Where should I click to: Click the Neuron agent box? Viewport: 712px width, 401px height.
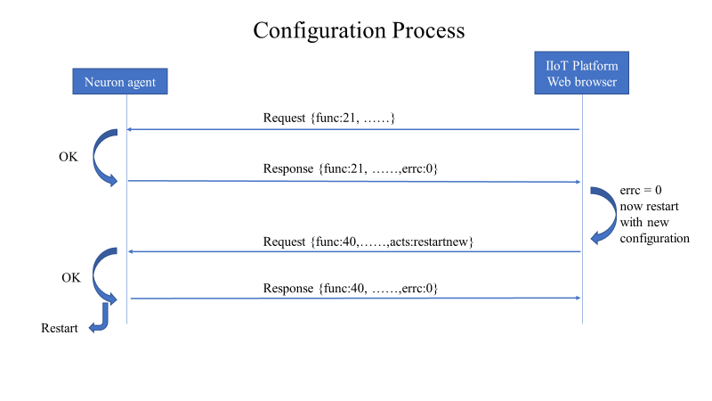click(119, 82)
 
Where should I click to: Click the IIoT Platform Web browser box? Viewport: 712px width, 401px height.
click(582, 74)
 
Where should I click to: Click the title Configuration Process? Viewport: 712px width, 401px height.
click(359, 30)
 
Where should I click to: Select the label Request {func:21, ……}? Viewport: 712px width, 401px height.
click(328, 118)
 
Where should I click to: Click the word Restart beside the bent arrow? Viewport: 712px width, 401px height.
click(60, 328)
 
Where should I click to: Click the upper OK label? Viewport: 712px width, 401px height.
click(69, 157)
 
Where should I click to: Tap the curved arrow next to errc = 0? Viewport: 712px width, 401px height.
click(600, 213)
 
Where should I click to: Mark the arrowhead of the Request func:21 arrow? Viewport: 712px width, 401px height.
click(130, 130)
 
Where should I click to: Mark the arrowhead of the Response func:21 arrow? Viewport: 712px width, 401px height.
click(578, 182)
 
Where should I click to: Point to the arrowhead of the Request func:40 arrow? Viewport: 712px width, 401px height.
click(130, 251)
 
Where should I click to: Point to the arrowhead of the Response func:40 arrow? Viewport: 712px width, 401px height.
click(578, 299)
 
